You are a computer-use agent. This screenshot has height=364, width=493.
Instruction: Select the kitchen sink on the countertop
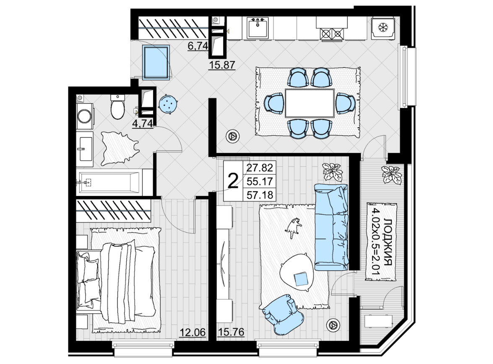click(x=258, y=28)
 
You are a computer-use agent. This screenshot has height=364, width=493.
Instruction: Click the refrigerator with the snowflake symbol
click(x=383, y=28)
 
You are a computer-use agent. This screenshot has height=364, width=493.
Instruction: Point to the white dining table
click(x=309, y=103)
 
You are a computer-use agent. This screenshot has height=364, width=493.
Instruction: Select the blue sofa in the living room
click(x=331, y=227)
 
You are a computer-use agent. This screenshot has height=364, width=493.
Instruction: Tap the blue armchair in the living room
click(x=283, y=314)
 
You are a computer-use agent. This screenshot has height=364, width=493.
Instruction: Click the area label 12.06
click(x=193, y=332)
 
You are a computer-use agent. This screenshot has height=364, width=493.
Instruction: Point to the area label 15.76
click(x=231, y=332)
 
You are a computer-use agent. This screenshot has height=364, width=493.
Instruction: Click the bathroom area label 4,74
click(x=143, y=124)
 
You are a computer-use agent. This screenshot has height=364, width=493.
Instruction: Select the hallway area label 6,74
click(x=198, y=46)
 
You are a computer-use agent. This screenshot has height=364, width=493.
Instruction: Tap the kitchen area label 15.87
click(x=222, y=65)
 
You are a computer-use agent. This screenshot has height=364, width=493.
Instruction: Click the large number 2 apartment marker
click(x=233, y=182)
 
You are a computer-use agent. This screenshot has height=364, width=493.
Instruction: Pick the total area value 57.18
click(x=260, y=195)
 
